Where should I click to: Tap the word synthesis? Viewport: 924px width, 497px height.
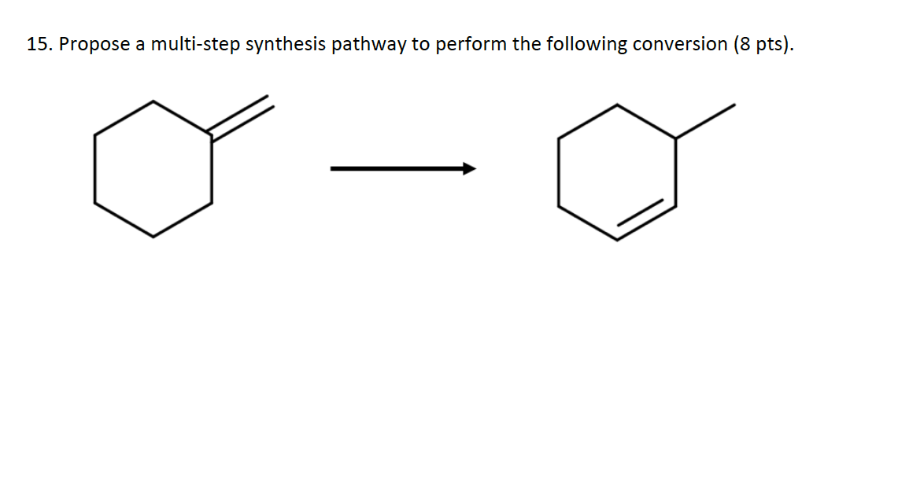pyautogui.click(x=286, y=45)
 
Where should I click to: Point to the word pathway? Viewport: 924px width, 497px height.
pyautogui.click(x=368, y=45)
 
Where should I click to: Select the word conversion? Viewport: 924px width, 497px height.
pyautogui.click(x=679, y=45)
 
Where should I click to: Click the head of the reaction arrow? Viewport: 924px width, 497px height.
pyautogui.click(x=469, y=168)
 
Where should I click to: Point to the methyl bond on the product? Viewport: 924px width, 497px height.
pyautogui.click(x=705, y=121)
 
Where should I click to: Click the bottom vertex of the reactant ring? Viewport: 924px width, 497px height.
pyautogui.click(x=153, y=236)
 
